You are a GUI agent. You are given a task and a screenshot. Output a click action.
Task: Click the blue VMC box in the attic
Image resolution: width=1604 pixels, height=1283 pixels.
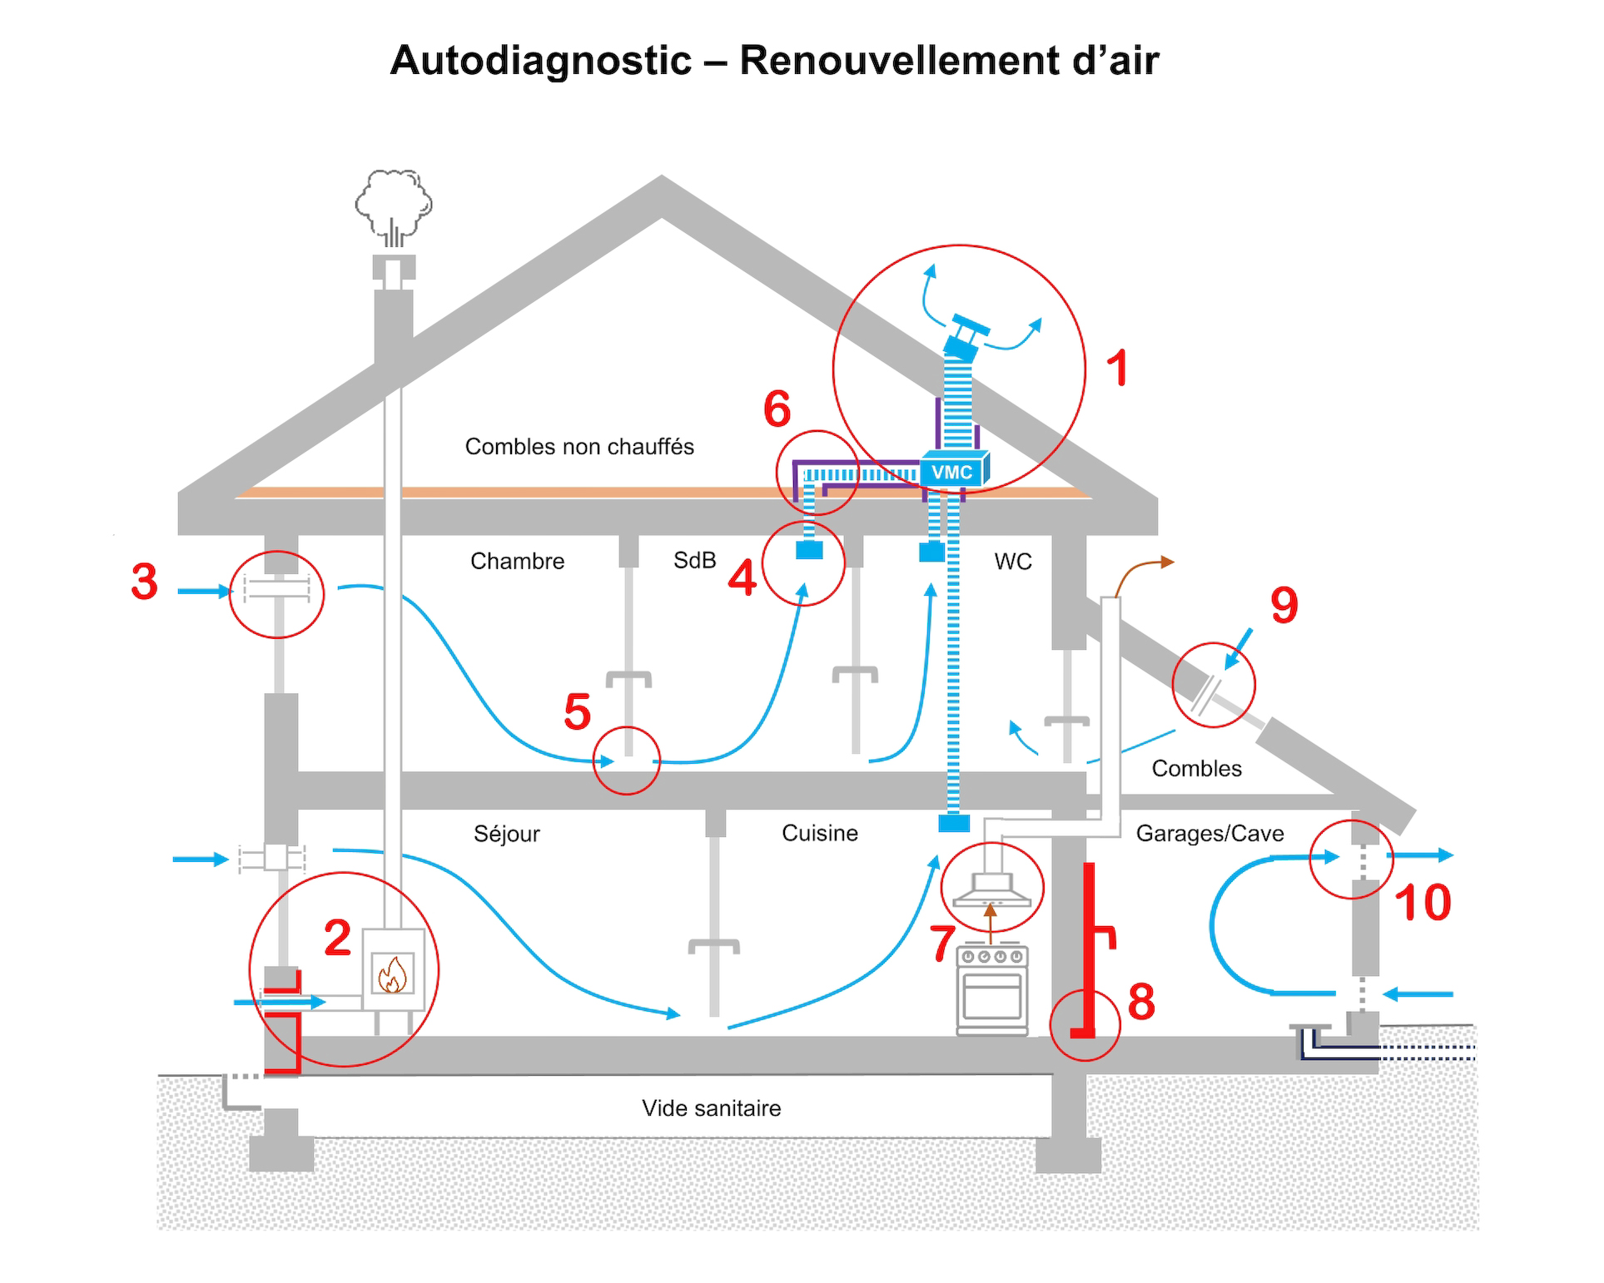click(953, 472)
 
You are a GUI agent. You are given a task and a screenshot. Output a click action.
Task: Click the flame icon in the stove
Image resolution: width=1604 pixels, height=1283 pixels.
click(392, 974)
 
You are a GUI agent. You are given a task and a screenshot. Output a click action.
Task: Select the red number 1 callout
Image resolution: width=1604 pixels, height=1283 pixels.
click(1118, 368)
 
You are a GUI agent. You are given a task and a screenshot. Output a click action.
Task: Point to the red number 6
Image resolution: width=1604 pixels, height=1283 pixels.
click(777, 409)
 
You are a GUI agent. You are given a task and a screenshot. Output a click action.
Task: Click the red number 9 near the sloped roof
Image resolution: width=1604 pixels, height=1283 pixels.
click(1284, 605)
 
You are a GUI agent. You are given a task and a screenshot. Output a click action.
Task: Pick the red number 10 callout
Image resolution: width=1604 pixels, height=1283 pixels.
click(1423, 903)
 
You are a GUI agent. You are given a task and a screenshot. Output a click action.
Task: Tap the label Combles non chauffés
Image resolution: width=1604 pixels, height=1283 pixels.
click(579, 447)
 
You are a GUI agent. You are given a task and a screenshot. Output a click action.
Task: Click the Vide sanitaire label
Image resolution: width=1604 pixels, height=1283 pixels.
click(711, 1108)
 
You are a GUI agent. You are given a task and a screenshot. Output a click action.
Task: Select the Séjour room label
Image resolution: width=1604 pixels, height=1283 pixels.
click(506, 834)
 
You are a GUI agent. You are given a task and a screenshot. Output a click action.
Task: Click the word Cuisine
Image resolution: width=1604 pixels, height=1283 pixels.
click(819, 833)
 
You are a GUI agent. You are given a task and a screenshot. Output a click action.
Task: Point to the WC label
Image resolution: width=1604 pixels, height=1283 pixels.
click(1013, 562)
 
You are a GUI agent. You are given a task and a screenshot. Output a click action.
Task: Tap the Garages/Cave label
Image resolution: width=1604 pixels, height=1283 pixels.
click(1209, 834)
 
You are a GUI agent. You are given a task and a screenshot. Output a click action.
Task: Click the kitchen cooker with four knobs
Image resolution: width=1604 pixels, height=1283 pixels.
click(992, 990)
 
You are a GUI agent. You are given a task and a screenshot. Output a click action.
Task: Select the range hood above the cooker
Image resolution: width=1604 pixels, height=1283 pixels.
click(992, 889)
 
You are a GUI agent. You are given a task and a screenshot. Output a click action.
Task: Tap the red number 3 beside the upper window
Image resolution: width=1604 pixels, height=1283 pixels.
click(145, 582)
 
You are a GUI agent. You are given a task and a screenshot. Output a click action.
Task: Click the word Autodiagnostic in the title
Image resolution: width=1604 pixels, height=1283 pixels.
click(541, 61)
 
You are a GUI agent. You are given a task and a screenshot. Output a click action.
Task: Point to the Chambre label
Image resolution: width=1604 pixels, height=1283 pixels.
click(517, 562)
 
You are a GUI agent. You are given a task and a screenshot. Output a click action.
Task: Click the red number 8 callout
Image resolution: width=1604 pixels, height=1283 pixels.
click(1141, 1001)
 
